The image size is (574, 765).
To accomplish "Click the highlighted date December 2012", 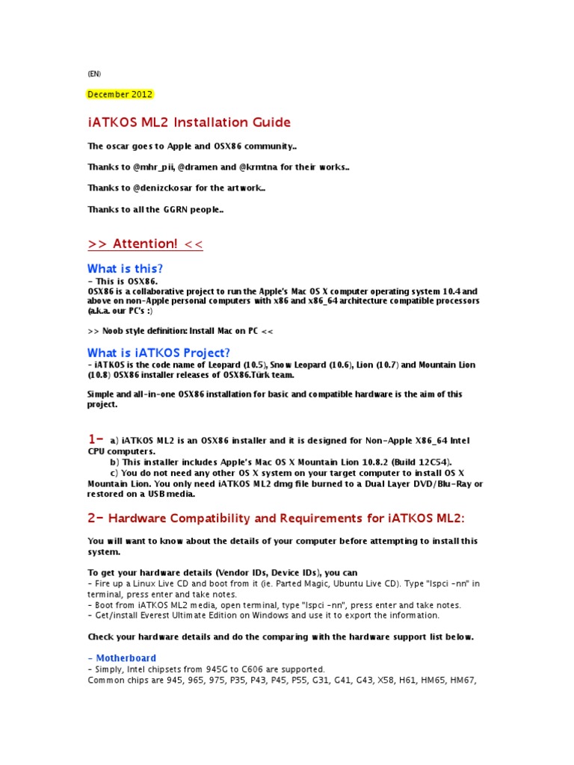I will point(120,94).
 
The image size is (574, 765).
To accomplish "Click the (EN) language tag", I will point(93,73).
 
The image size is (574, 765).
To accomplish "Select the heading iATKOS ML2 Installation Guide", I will point(189,122).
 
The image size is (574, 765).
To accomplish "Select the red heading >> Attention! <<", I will point(145,244).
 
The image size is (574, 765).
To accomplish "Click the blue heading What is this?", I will point(125,268).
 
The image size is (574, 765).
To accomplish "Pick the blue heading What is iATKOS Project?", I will point(158,353).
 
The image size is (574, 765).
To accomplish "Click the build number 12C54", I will point(434,462).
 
